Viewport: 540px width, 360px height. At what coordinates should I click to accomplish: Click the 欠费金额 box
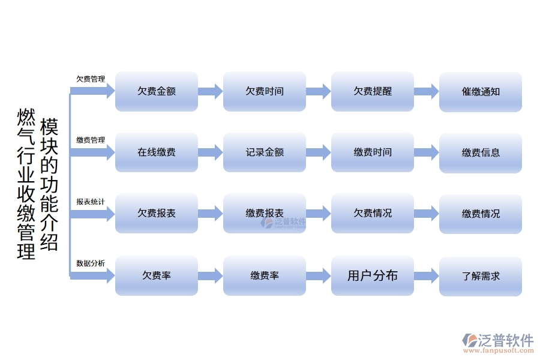pyautogui.click(x=156, y=92)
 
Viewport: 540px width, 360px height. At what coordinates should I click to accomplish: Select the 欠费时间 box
pyautogui.click(x=264, y=92)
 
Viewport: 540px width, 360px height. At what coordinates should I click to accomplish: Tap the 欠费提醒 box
pyautogui.click(x=372, y=92)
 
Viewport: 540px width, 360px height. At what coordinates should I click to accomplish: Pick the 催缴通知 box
pyautogui.click(x=480, y=92)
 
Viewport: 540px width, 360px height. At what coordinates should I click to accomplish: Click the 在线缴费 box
pyautogui.click(x=156, y=152)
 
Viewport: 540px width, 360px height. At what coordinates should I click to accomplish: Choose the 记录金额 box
pyautogui.click(x=264, y=152)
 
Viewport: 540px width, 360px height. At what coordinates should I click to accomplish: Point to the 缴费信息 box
pyautogui.click(x=480, y=152)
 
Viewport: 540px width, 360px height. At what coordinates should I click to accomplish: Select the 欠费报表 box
pyautogui.click(x=156, y=214)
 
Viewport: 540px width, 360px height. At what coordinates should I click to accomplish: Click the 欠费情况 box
pyautogui.click(x=372, y=214)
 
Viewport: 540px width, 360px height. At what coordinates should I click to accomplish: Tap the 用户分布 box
pyautogui.click(x=372, y=275)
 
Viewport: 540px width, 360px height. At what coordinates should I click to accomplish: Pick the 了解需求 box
pyautogui.click(x=480, y=275)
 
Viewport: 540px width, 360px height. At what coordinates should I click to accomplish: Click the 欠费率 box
pyautogui.click(x=156, y=275)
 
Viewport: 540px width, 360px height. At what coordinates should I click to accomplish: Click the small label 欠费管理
pyautogui.click(x=91, y=79)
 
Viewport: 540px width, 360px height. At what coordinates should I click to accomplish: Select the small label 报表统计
pyautogui.click(x=91, y=202)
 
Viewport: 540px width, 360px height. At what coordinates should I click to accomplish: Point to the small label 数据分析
pyautogui.click(x=91, y=263)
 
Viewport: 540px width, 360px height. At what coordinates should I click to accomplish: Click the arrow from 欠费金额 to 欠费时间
pyautogui.click(x=210, y=92)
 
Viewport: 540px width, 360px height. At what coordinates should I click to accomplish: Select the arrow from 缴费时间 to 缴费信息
pyautogui.click(x=426, y=152)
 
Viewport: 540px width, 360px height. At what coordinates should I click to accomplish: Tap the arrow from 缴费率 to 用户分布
pyautogui.click(x=318, y=275)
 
